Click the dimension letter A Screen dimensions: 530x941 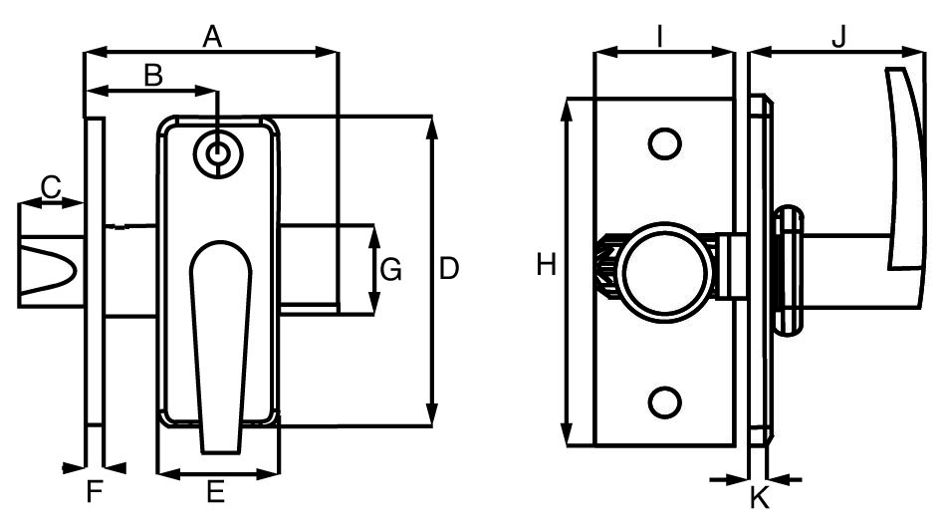point(211,36)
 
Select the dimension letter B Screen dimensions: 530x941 point(152,75)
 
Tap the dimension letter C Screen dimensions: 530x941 point(51,185)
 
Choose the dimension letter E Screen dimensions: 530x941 point(215,491)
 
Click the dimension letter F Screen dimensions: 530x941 point(95,491)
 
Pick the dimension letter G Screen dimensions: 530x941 point(391,269)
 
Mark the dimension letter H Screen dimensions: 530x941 point(546,265)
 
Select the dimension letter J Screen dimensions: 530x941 point(838,36)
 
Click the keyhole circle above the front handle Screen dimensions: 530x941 point(217,153)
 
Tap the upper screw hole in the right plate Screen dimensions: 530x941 point(663,143)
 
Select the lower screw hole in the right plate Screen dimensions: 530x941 point(663,401)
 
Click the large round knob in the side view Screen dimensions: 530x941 point(665,267)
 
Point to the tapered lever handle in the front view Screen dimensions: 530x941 point(220,339)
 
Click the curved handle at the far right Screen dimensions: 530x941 point(906,169)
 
